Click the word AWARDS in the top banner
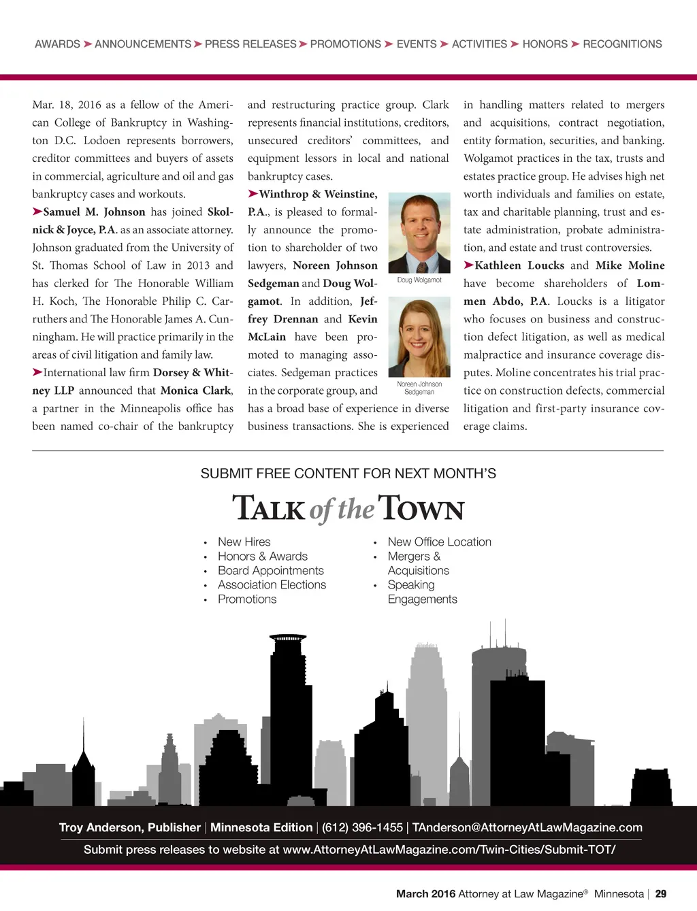tap(57, 44)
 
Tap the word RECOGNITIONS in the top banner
tap(622, 44)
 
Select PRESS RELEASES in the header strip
tap(250, 44)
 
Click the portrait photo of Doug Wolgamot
tap(419, 233)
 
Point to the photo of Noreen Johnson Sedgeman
tap(419, 338)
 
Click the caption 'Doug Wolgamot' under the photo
tap(419, 280)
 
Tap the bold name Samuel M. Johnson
tap(94, 212)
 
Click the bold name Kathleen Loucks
tap(519, 265)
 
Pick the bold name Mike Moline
tap(630, 265)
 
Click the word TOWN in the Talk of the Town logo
tap(421, 508)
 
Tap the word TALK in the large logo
tap(269, 508)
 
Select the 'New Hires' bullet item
tap(244, 542)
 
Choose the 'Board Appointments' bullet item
tap(270, 571)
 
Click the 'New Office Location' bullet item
tap(439, 542)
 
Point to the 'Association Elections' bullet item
tap(272, 585)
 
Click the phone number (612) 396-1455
tap(362, 828)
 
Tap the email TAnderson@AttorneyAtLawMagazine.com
tap(527, 828)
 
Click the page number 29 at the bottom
tap(660, 894)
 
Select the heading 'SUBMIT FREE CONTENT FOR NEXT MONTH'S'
tap(348, 474)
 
